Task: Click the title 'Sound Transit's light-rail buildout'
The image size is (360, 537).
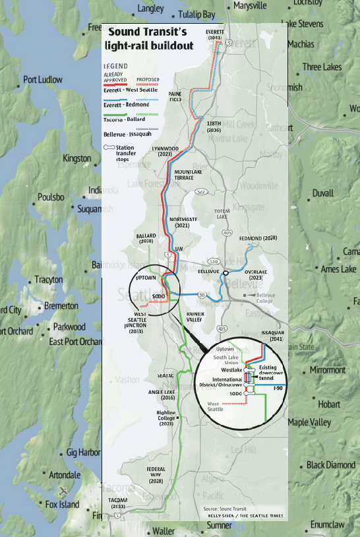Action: tap(150, 38)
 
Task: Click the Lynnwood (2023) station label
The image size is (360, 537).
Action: tap(165, 150)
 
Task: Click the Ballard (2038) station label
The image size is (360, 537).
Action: tap(146, 238)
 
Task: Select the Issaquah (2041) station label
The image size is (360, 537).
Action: tap(272, 336)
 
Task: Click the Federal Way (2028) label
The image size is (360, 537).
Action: tap(155, 474)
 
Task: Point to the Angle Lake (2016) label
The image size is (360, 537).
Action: tap(161, 395)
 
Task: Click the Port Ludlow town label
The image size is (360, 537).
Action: tap(44, 80)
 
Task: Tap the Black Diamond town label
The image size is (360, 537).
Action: tap(331, 465)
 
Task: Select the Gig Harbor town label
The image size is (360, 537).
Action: tap(83, 453)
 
